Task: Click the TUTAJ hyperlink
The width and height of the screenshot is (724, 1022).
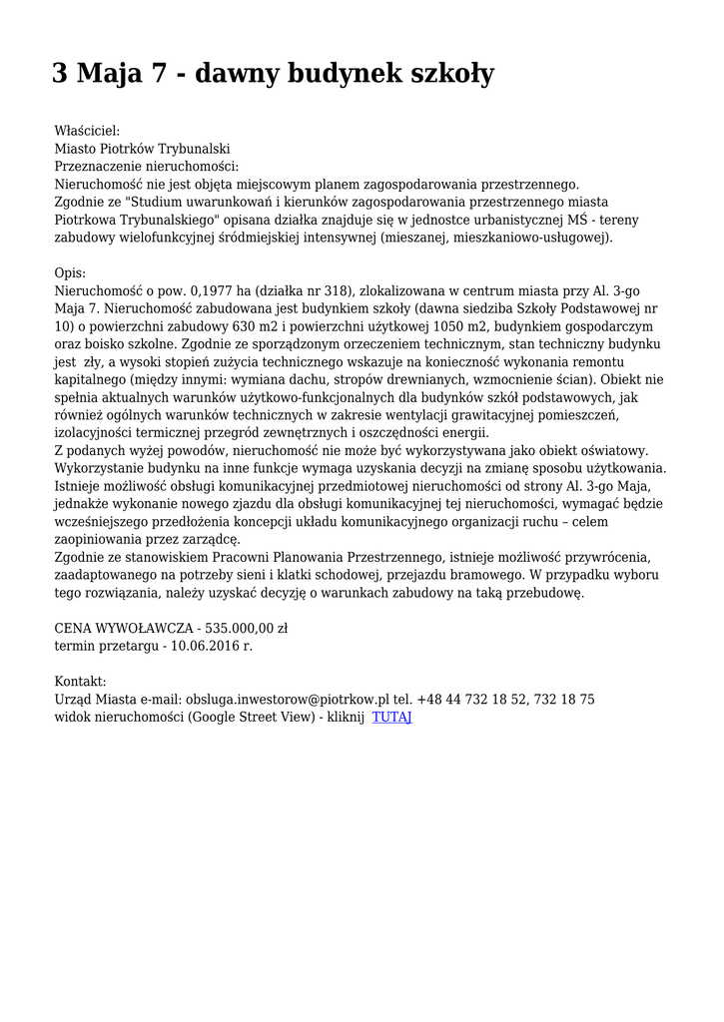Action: click(391, 718)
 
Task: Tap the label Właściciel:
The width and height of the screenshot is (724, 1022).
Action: click(87, 130)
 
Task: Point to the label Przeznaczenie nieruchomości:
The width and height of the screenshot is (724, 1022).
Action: click(146, 166)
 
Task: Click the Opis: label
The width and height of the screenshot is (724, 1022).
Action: click(70, 272)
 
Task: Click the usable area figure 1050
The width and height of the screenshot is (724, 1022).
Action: click(446, 326)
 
